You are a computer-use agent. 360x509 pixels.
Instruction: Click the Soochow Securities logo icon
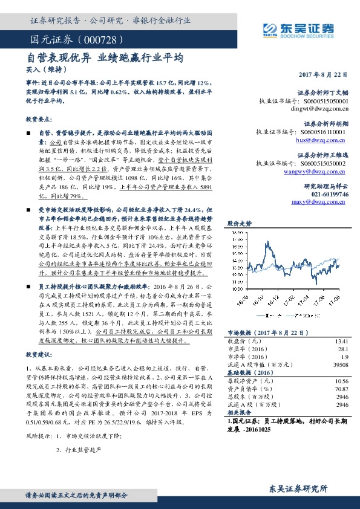[x=270, y=28]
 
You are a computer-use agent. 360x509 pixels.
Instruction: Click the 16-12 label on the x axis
[x=276, y=297]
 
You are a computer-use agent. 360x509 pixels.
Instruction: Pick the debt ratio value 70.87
[x=341, y=390]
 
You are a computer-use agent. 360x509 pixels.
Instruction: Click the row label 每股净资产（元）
[x=250, y=381]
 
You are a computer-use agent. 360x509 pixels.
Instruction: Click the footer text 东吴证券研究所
[x=298, y=488]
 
